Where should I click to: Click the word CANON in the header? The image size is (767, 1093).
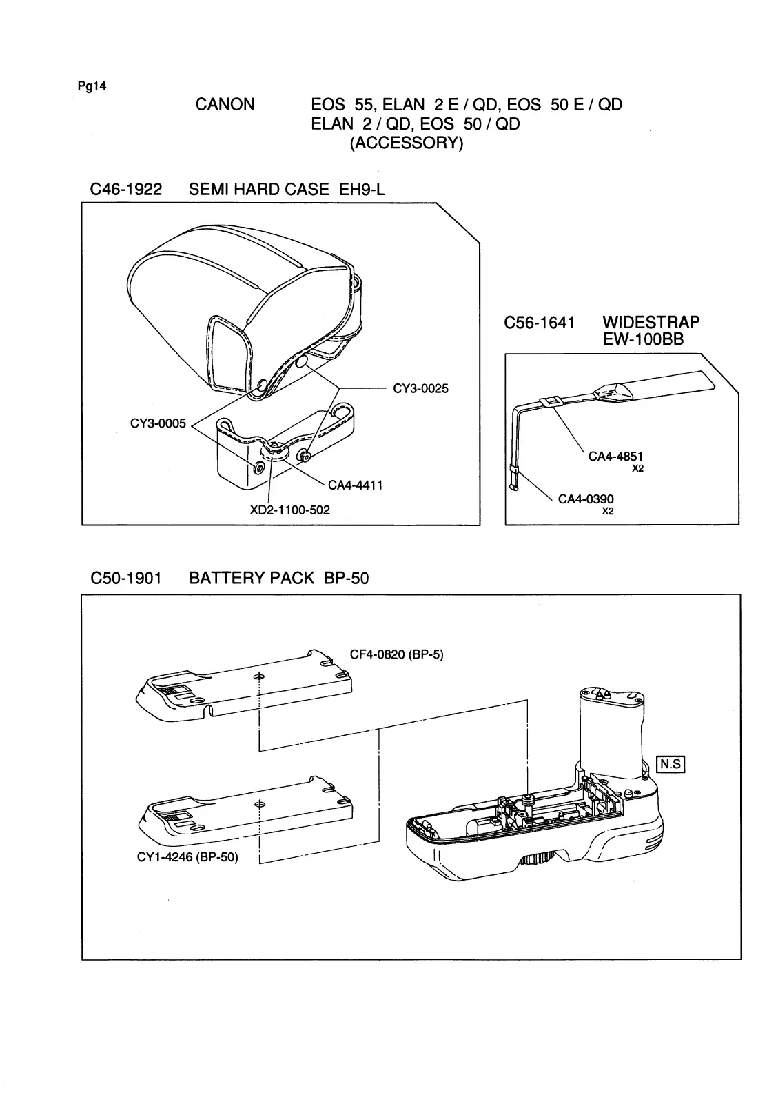coord(225,105)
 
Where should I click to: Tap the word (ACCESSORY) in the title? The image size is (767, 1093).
coord(407,143)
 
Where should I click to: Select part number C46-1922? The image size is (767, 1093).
coord(126,190)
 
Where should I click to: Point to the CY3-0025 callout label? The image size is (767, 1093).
coord(420,389)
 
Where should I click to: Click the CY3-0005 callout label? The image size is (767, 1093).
coord(158,424)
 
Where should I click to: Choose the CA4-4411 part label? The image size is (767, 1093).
coord(355,485)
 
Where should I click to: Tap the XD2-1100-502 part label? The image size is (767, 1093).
coord(289,510)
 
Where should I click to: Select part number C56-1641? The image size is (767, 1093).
coord(539,323)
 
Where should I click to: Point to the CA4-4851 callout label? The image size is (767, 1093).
coord(615,457)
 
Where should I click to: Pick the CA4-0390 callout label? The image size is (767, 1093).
coord(586,499)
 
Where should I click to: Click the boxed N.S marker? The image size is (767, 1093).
coord(671,764)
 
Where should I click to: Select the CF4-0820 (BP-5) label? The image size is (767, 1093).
coord(396,654)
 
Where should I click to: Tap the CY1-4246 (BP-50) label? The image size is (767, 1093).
coord(187,858)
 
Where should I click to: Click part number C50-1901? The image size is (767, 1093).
coord(126,578)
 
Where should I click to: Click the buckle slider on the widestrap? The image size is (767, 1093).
coord(549,401)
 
